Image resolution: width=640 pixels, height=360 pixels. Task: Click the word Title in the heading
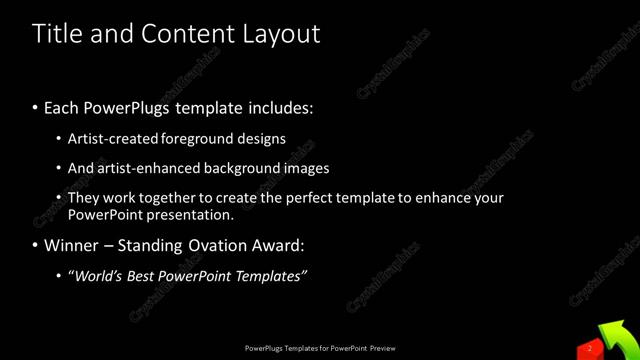click(x=56, y=34)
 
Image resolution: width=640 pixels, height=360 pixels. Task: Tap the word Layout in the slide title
click(x=280, y=34)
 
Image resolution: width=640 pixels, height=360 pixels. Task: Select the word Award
click(x=276, y=245)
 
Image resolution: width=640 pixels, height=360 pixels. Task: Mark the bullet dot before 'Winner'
click(x=36, y=245)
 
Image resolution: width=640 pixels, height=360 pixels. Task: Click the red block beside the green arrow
click(x=589, y=348)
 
